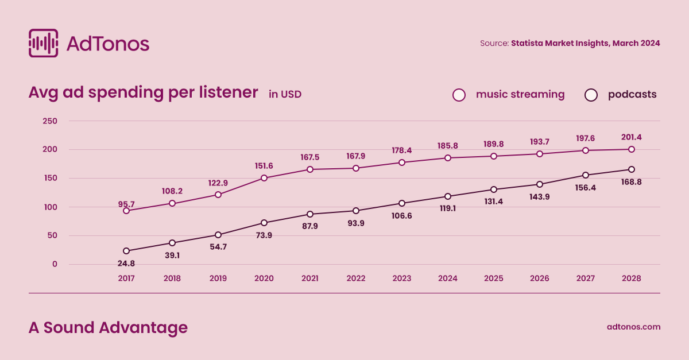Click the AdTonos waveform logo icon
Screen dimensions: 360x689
pos(43,43)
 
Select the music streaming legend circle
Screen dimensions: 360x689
pos(459,95)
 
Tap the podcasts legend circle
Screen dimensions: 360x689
pos(591,95)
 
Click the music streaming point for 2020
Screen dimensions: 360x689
pos(264,178)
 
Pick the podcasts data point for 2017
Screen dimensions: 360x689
pos(126,251)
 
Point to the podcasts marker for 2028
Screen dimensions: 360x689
pos(632,169)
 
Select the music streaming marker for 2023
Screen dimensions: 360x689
pos(402,162)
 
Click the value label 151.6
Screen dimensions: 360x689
pos(264,166)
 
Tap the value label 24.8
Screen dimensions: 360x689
pos(126,264)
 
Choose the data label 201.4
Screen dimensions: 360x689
pos(631,137)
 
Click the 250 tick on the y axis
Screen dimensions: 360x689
pos(50,121)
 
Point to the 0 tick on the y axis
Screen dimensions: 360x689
pos(55,265)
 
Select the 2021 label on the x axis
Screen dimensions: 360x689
pos(310,278)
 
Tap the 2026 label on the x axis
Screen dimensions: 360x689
pos(540,278)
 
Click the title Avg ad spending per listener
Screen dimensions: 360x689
pos(143,93)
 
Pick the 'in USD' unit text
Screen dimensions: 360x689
pos(285,94)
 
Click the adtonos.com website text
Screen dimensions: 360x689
pos(633,327)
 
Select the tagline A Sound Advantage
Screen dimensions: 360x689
pos(108,328)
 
